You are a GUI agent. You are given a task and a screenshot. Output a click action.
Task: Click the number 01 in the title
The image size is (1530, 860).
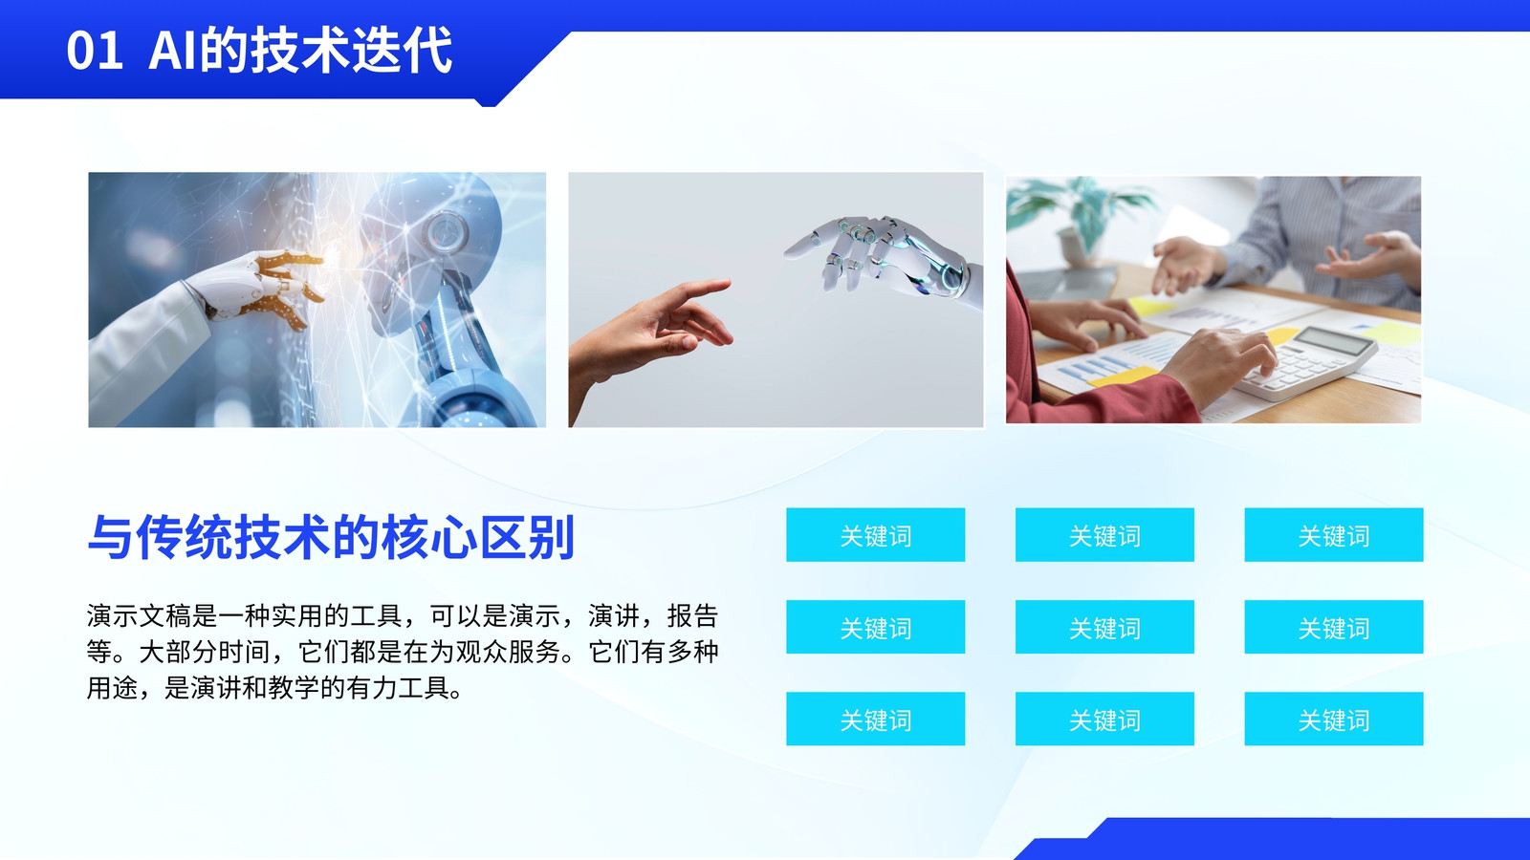click(95, 51)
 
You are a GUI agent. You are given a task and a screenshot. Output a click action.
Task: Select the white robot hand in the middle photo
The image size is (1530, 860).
click(888, 258)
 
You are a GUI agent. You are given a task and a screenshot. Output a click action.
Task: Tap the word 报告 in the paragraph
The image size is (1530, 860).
click(692, 615)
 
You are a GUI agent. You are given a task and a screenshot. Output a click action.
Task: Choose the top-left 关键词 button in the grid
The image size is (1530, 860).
click(876, 535)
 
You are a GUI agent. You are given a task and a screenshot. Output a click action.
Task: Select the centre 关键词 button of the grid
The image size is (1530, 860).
click(1104, 627)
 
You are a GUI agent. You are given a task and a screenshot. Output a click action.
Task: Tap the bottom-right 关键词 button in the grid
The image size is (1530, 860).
click(1334, 719)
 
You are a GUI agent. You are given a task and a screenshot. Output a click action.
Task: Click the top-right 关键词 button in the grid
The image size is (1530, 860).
click(1334, 535)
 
